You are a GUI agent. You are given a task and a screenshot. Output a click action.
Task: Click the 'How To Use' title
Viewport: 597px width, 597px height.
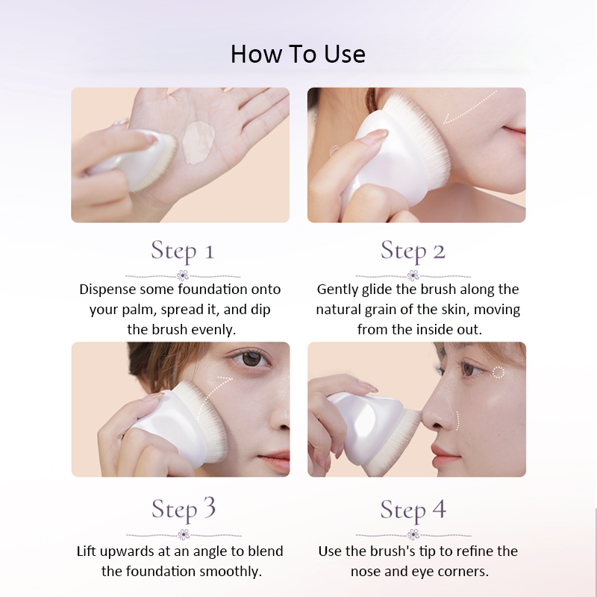coord(298,54)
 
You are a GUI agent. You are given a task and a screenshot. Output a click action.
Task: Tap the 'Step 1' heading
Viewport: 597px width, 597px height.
coord(183,251)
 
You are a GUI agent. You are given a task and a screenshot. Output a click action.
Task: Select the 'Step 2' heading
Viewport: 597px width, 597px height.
coord(413,251)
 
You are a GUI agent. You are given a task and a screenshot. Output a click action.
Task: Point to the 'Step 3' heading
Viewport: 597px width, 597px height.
coord(184,510)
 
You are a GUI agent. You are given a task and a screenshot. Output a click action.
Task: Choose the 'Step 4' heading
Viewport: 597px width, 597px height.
coord(413,510)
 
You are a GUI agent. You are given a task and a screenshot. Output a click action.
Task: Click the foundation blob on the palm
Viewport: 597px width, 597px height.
coord(198,142)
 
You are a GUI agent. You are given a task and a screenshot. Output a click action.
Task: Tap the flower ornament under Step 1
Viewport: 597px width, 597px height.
coord(183,275)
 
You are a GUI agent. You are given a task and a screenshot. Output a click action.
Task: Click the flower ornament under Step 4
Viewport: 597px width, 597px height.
coord(413,534)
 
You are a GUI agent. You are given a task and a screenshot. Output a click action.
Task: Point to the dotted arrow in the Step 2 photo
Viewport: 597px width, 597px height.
coord(469,108)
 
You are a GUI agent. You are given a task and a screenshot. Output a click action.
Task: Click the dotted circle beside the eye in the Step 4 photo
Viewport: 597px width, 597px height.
coord(498,372)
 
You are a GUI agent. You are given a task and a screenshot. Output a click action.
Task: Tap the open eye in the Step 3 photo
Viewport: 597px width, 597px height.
coord(250,358)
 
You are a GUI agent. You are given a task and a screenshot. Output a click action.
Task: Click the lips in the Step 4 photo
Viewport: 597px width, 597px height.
coord(445,454)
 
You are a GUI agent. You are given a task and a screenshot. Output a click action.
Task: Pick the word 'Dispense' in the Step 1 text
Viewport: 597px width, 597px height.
coord(107,290)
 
